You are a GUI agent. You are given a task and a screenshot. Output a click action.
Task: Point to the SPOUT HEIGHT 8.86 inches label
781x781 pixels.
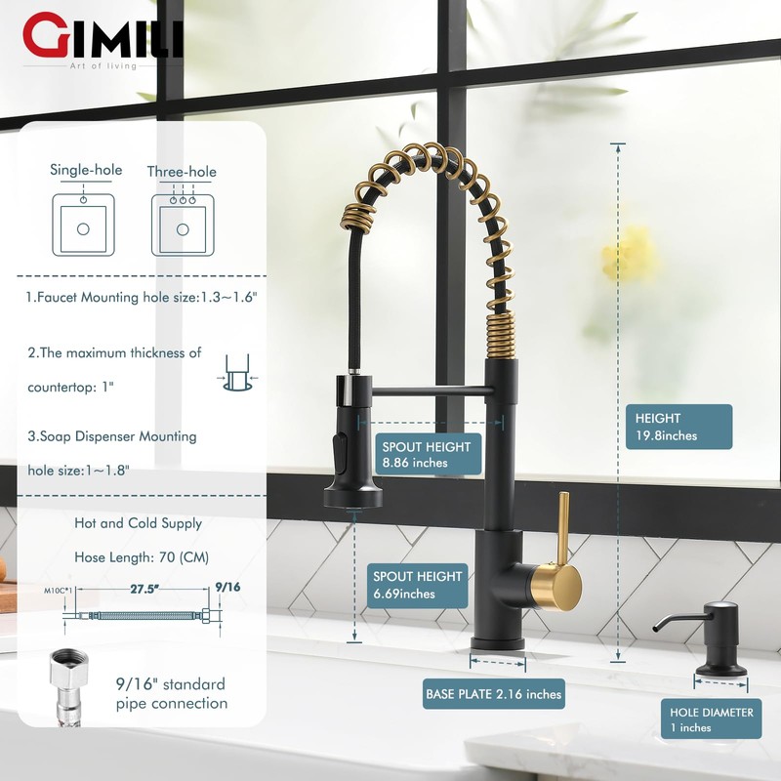[428, 454]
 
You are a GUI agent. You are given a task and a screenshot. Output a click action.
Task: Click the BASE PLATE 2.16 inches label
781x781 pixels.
[494, 695]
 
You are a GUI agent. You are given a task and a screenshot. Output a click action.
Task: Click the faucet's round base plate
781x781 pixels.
[499, 644]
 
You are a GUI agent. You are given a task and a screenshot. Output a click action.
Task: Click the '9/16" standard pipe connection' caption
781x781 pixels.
[171, 693]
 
